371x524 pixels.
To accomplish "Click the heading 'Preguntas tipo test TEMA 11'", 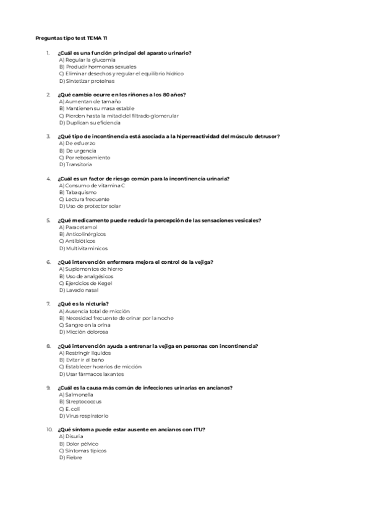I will coord(71,38).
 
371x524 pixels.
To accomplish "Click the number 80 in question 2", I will coord(166,95).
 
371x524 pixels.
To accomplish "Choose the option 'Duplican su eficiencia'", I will coord(93,123).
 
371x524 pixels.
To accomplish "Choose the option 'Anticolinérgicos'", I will coord(87,234).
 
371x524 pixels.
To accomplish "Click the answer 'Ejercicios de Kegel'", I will coord(90,283).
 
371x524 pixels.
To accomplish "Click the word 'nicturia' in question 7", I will coord(97,303).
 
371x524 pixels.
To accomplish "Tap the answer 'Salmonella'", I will coord(80,394).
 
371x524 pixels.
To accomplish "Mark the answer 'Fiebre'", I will coord(74,458).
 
